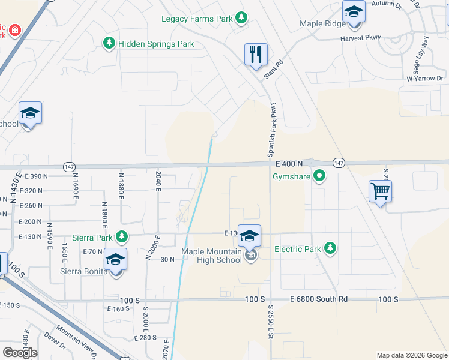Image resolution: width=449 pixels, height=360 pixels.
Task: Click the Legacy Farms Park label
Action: [197, 19]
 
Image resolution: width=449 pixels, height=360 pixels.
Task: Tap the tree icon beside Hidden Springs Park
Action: [109, 43]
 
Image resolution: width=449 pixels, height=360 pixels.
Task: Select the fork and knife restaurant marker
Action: [256, 54]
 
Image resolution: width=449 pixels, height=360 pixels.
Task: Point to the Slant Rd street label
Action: [273, 71]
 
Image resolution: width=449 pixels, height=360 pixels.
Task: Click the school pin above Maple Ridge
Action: [354, 12]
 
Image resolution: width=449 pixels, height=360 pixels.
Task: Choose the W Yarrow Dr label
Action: [424, 79]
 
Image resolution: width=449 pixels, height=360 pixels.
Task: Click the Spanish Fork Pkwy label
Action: [272, 127]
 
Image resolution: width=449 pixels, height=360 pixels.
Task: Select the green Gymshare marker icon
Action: [319, 176]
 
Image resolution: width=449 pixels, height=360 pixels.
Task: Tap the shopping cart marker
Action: [379, 192]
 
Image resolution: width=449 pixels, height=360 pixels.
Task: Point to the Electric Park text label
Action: [298, 248]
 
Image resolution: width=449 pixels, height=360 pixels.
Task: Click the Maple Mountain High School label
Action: [212, 256]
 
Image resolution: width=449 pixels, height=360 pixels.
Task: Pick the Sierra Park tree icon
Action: [122, 236]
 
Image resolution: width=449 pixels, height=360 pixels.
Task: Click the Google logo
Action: [20, 353]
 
